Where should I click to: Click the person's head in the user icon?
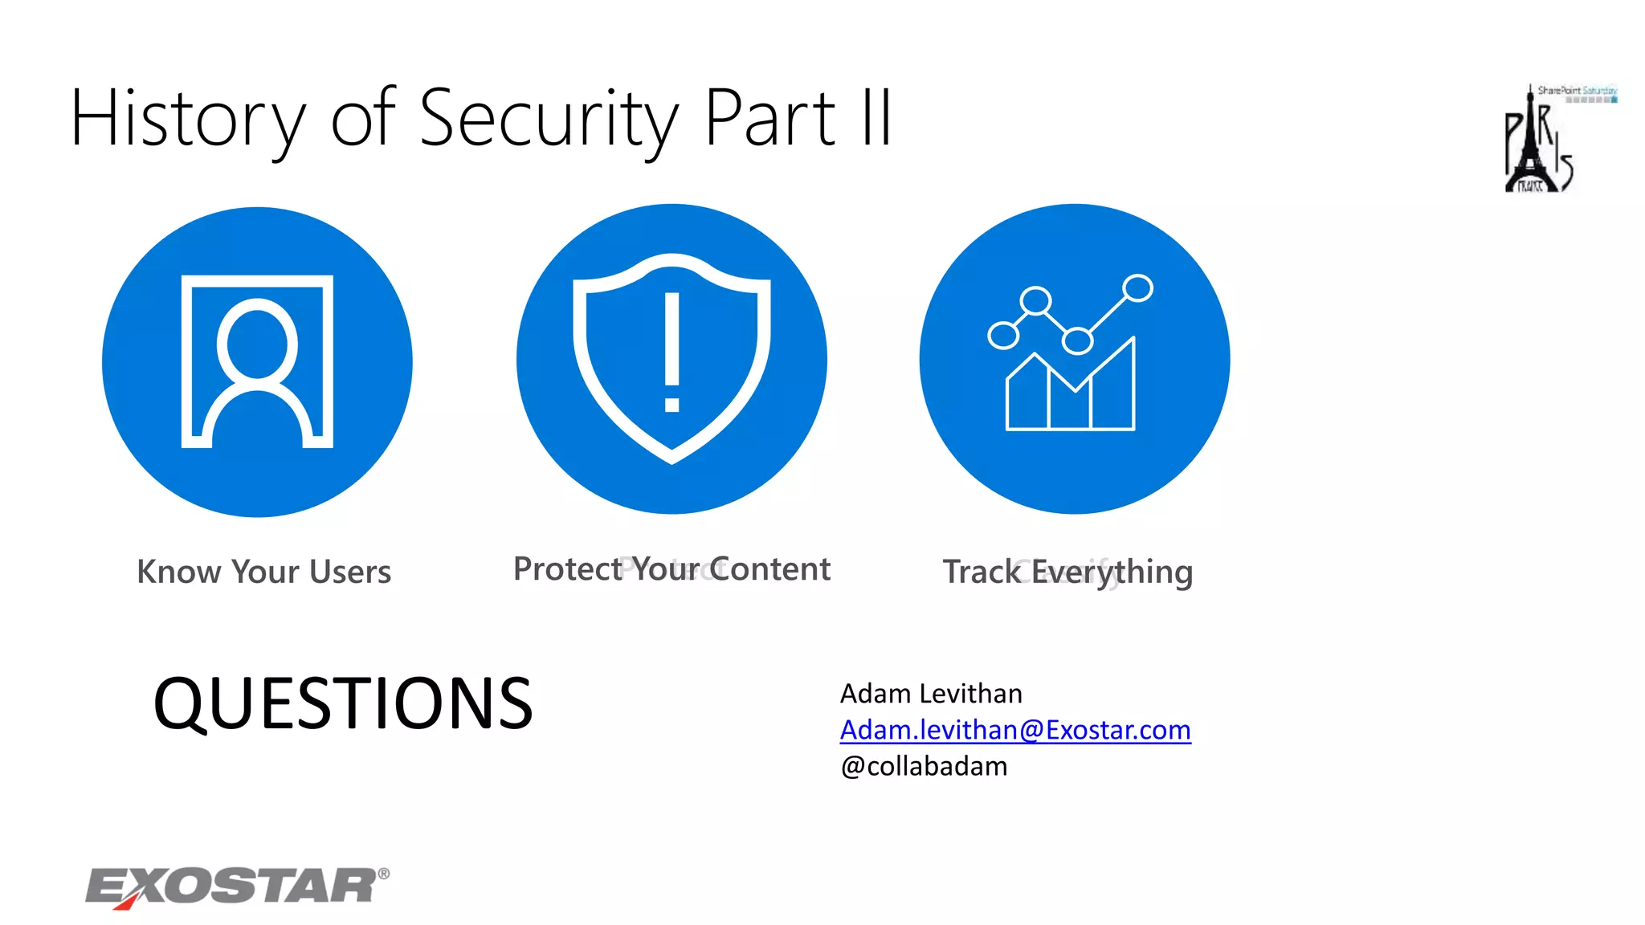(257, 344)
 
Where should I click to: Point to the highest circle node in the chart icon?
(1137, 287)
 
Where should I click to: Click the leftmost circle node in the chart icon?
(1003, 335)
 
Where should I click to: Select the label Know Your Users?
(263, 572)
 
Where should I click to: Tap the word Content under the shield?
(769, 569)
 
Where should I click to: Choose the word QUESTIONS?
(343, 703)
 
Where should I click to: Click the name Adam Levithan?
(931, 693)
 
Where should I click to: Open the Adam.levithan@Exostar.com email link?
(1014, 730)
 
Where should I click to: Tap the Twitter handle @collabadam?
(924, 766)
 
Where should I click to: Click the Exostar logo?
(233, 886)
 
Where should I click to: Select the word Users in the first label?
(350, 572)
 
